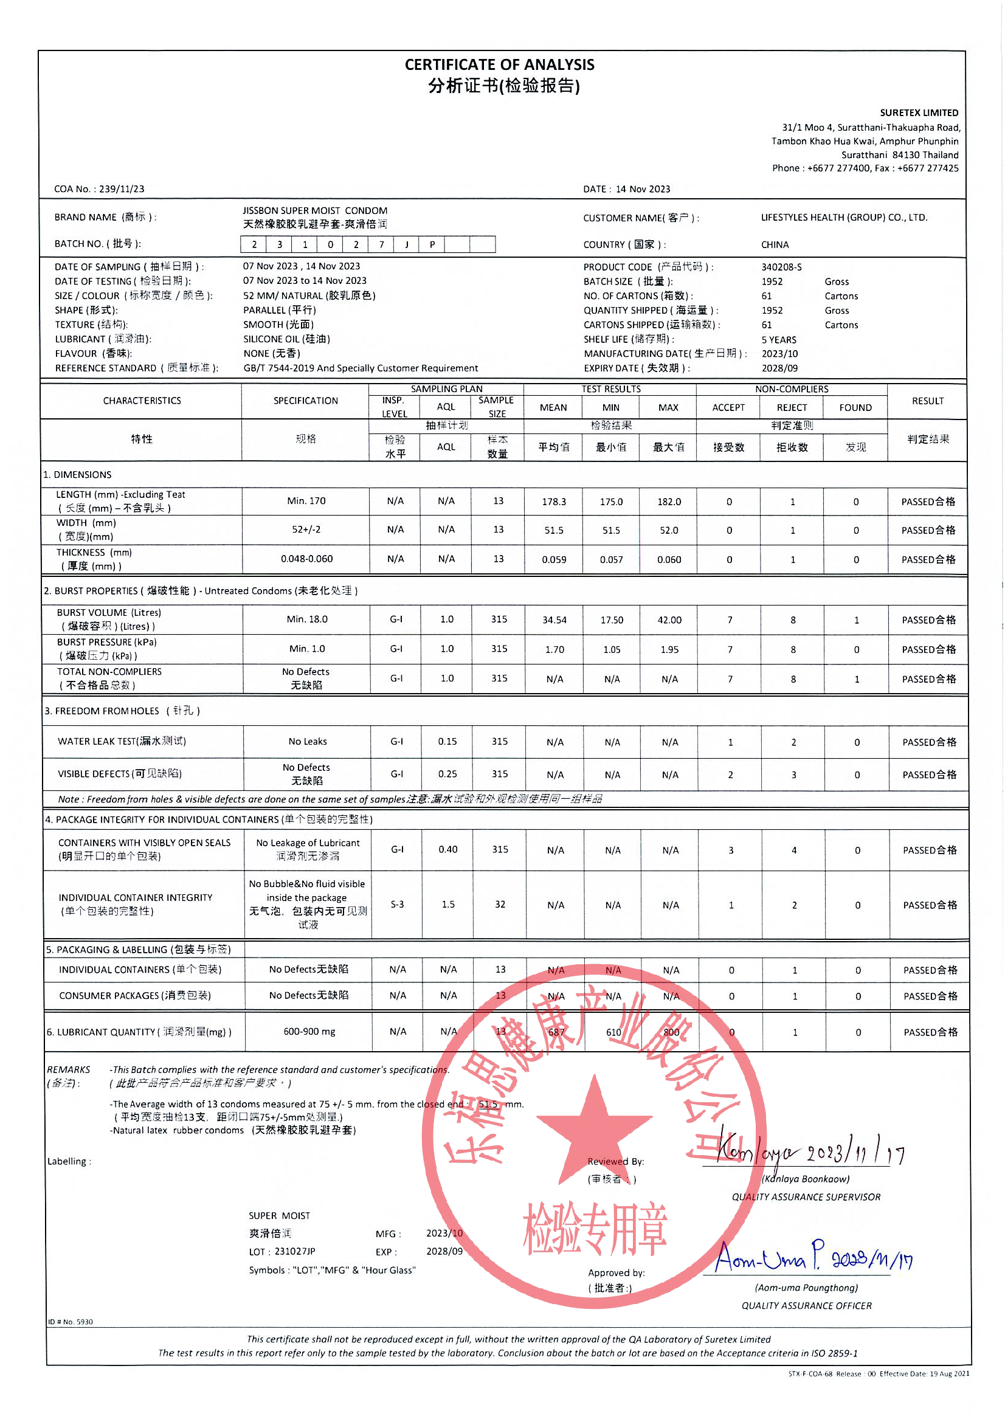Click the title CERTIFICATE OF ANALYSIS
[x=499, y=64]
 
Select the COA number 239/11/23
[x=122, y=189]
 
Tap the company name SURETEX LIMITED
[x=918, y=112]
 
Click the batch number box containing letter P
[x=432, y=244]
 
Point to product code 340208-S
[x=781, y=267]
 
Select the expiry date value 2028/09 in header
[x=779, y=368]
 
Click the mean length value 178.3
[x=554, y=502]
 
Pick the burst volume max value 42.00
[x=669, y=620]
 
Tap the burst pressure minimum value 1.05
[x=611, y=650]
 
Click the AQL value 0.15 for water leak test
[x=447, y=741]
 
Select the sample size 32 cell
[x=500, y=904]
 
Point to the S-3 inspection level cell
[x=397, y=904]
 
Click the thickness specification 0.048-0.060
[x=306, y=559]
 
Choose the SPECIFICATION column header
[x=305, y=401]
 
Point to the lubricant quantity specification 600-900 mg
[x=309, y=1031]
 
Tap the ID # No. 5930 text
[x=70, y=1322]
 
